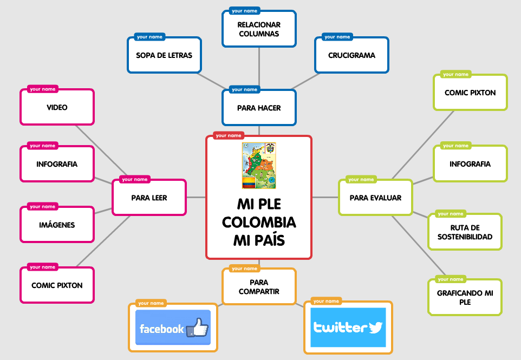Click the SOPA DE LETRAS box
click(164, 55)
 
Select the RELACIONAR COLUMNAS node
click(259, 29)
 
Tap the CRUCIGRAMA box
click(351, 55)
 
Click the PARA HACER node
click(259, 108)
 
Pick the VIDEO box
click(57, 107)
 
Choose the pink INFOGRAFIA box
click(57, 163)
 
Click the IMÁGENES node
click(57, 225)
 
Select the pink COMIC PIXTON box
click(57, 285)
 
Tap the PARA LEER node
click(149, 198)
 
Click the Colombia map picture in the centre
click(259, 166)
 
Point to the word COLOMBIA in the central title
click(259, 222)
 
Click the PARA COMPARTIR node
click(259, 287)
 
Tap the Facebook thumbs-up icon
click(198, 328)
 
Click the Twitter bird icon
click(375, 328)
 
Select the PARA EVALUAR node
click(375, 198)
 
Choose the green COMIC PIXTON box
click(470, 93)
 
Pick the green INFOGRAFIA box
click(470, 164)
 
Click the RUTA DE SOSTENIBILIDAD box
click(465, 232)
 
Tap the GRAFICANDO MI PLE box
click(465, 297)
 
